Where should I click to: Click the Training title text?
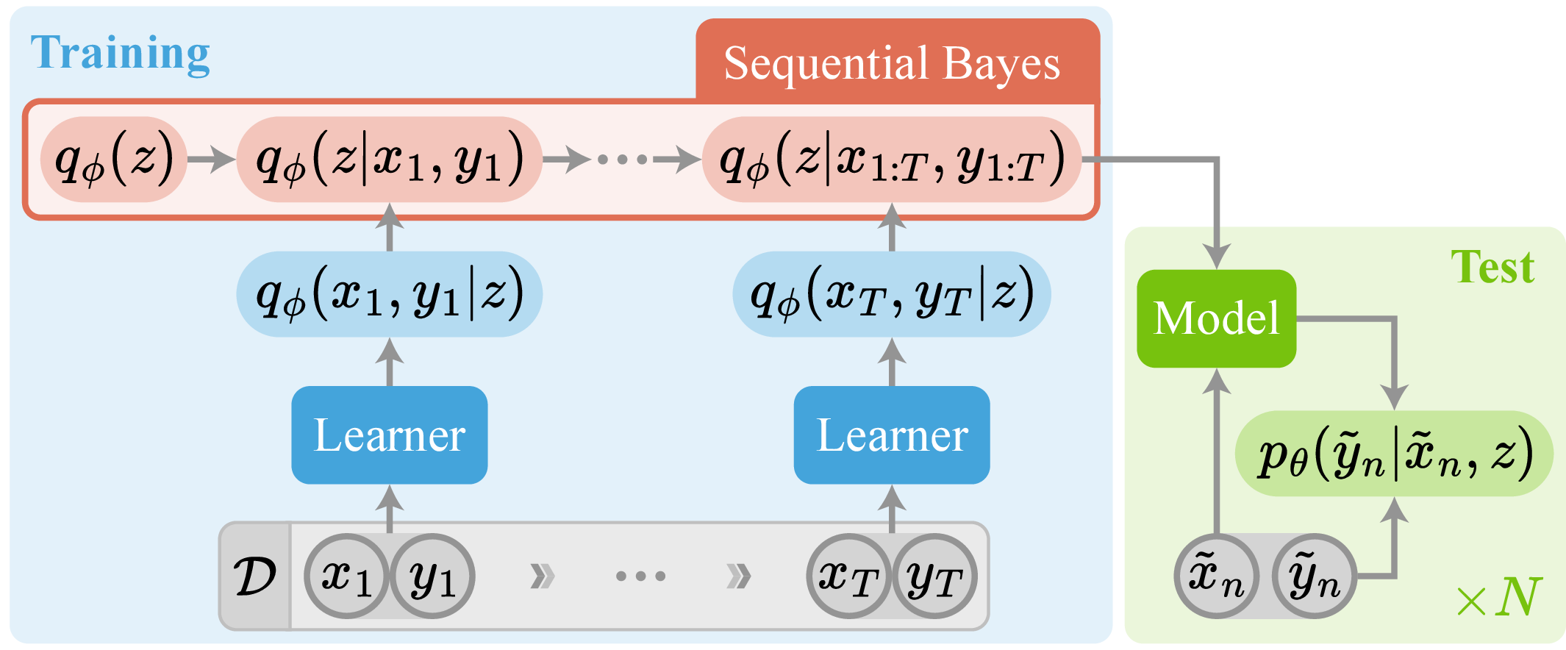(121, 54)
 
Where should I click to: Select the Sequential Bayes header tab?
(892, 63)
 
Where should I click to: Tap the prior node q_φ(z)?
(114, 159)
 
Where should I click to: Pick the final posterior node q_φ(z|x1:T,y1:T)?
(892, 159)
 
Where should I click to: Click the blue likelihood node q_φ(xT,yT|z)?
(892, 294)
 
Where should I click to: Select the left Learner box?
(389, 435)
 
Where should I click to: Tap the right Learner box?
(892, 435)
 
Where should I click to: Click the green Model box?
(1216, 318)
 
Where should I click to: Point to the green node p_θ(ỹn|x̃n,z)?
(1394, 454)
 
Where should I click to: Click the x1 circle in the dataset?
(346, 576)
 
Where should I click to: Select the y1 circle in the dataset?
(432, 576)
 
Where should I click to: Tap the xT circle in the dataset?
(849, 576)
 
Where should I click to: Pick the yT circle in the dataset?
(934, 576)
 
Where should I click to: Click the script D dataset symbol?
(255, 576)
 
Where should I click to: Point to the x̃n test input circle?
(1216, 576)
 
